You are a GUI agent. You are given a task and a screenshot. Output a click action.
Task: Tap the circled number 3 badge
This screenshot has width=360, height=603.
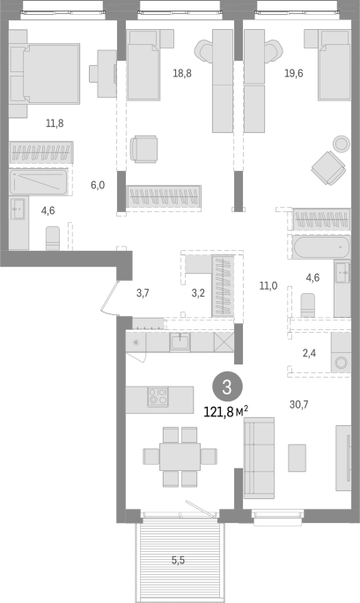pyautogui.click(x=227, y=387)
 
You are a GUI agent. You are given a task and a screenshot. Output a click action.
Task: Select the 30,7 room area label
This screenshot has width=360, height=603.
pyautogui.click(x=299, y=404)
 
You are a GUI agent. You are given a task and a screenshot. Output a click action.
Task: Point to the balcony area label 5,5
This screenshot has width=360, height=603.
pyautogui.click(x=178, y=561)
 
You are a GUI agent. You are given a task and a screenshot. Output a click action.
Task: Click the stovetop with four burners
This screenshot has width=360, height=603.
pyautogui.click(x=158, y=396)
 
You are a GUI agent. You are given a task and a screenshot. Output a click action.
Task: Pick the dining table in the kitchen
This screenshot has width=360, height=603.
pyautogui.click(x=180, y=457)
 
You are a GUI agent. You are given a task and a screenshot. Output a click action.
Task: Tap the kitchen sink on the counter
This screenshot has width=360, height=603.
pyautogui.click(x=180, y=342)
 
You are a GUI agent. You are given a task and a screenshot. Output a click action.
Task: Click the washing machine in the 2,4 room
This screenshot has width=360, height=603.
pyautogui.click(x=341, y=362)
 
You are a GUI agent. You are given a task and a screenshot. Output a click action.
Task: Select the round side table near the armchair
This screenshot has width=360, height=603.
pyautogui.click(x=342, y=143)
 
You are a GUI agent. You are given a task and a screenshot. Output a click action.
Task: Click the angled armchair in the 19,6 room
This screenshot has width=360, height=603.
pyautogui.click(x=328, y=167)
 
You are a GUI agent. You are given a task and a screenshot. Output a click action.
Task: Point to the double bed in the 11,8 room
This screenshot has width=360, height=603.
pyautogui.click(x=45, y=73)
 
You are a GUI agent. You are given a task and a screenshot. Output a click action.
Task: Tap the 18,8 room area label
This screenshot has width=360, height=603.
pyautogui.click(x=182, y=73)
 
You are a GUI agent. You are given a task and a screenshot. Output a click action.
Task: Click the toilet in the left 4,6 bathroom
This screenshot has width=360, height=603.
pyautogui.click(x=53, y=238)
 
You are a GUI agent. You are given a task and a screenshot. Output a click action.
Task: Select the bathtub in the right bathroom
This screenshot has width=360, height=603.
pyautogui.click(x=321, y=247)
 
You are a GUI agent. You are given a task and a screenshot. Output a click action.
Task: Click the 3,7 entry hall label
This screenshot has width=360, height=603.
pyautogui.click(x=143, y=293)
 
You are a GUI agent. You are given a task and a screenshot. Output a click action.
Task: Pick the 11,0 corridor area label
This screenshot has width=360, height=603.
pyautogui.click(x=268, y=286)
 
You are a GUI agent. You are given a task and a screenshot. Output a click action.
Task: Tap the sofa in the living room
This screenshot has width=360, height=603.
pyautogui.click(x=260, y=458)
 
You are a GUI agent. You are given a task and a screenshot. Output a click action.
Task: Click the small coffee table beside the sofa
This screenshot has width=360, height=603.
pyautogui.click(x=298, y=458)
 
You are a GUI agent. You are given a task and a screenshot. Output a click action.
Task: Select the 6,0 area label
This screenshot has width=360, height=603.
pyautogui.click(x=98, y=186)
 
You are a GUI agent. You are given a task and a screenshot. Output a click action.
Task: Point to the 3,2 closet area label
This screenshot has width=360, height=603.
pyautogui.click(x=198, y=293)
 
